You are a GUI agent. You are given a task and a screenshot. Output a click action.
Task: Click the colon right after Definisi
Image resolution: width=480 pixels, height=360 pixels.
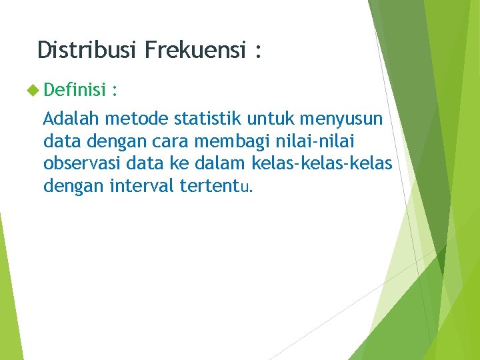coord(115,89)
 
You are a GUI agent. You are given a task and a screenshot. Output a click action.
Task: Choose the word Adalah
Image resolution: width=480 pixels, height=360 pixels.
coord(71,119)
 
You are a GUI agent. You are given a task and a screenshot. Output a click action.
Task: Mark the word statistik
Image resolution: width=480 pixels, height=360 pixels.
coord(207,119)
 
